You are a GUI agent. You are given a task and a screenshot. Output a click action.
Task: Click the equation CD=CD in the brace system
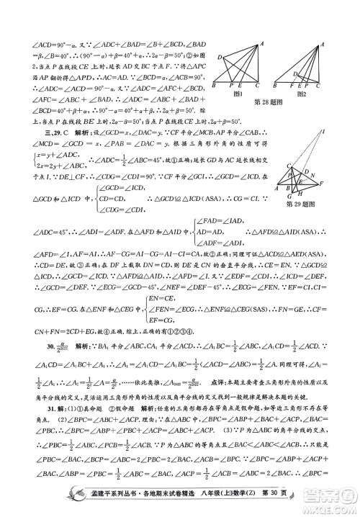pos(112,199)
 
